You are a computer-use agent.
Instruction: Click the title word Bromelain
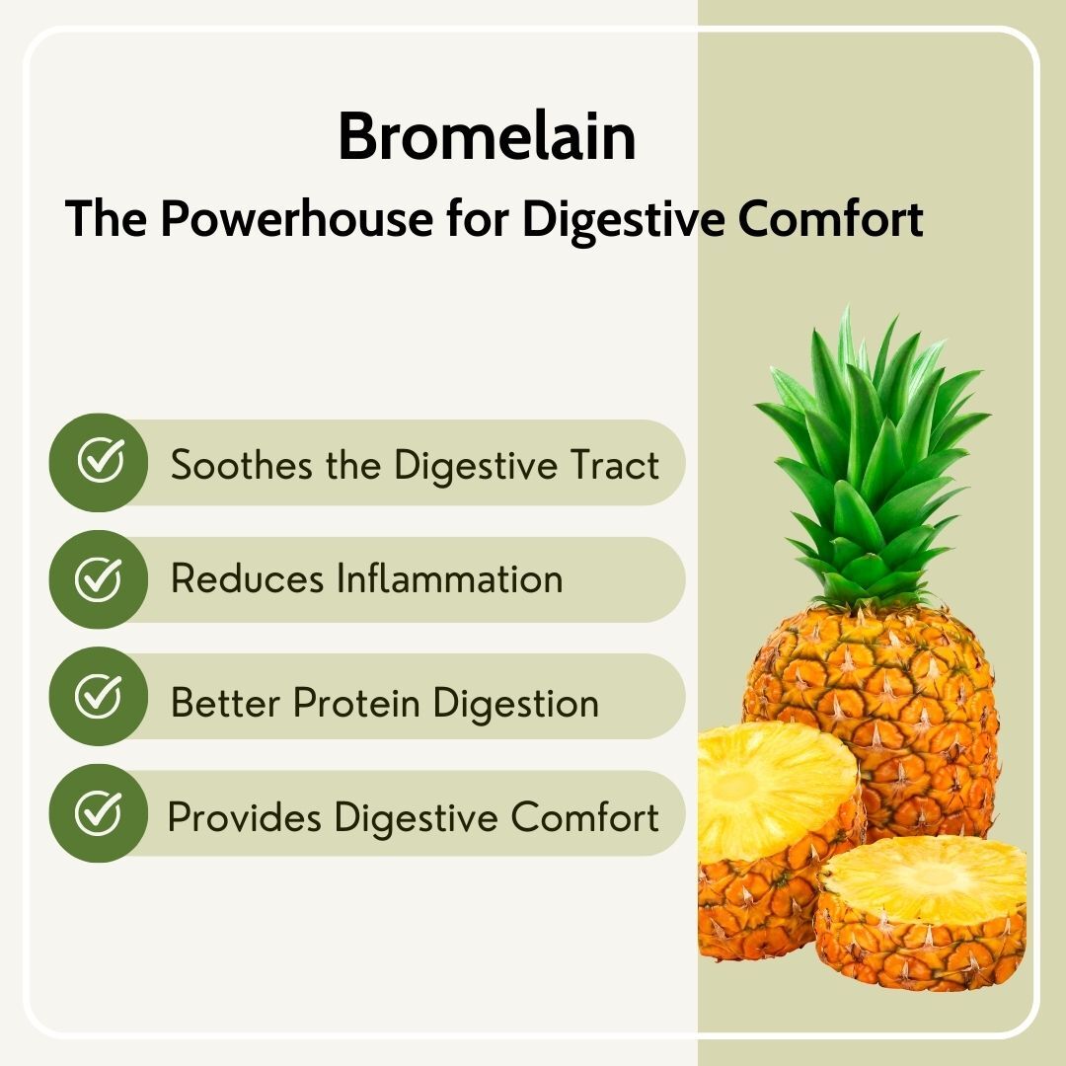tap(487, 137)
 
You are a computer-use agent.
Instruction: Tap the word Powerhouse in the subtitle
tap(295, 220)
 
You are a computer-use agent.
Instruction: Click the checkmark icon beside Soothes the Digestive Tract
tap(99, 462)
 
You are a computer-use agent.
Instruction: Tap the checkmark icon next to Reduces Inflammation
tap(99, 579)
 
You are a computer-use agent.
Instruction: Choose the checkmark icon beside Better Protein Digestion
tap(99, 697)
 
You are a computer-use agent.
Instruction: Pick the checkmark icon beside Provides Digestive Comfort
tap(99, 814)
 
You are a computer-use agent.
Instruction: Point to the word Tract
tap(615, 464)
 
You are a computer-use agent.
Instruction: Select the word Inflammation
tap(450, 579)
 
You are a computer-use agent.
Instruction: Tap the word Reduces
tap(248, 579)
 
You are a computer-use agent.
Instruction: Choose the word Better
tap(226, 704)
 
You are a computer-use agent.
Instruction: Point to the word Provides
tap(246, 818)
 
